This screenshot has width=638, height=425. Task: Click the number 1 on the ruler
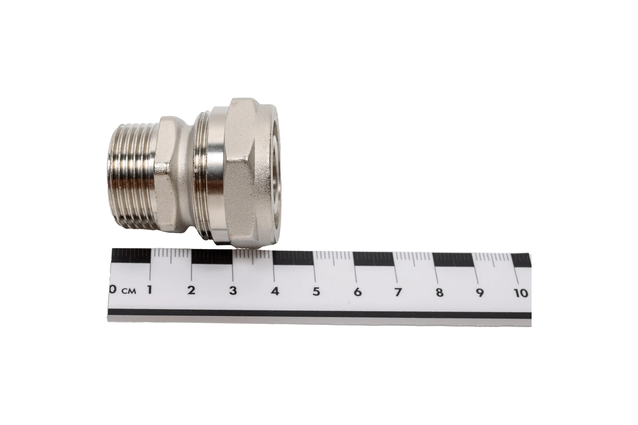click(149, 290)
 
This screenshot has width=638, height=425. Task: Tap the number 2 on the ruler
click(191, 290)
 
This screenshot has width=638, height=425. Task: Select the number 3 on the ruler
click(233, 291)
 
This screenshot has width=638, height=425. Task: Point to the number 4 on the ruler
click(275, 291)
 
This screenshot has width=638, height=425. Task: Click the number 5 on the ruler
click(316, 292)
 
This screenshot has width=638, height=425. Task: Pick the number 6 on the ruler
click(358, 292)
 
